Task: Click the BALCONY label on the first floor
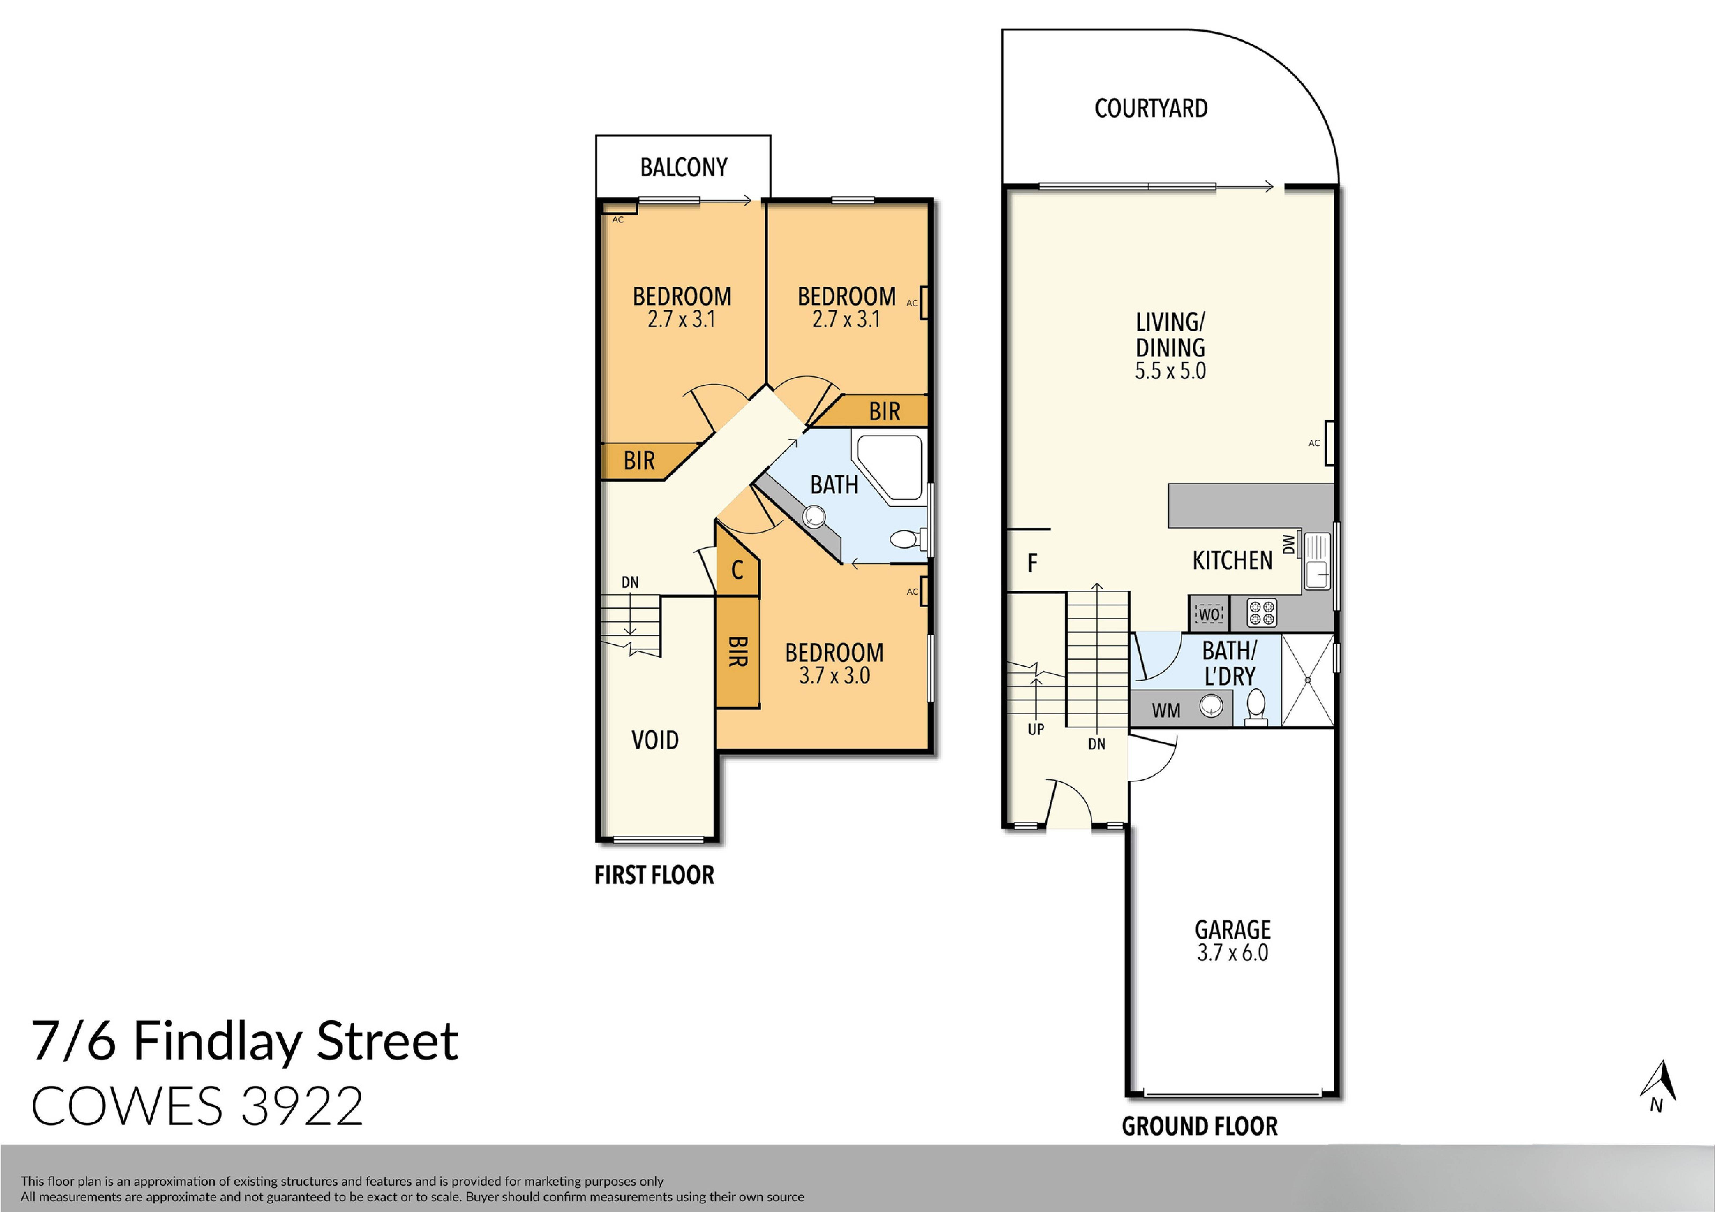pyautogui.click(x=684, y=167)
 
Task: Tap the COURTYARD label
pyautogui.click(x=1150, y=108)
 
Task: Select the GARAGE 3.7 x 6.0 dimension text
pyautogui.click(x=1232, y=953)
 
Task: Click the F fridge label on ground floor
pyautogui.click(x=1032, y=563)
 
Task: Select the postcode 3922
pyautogui.click(x=303, y=1107)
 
